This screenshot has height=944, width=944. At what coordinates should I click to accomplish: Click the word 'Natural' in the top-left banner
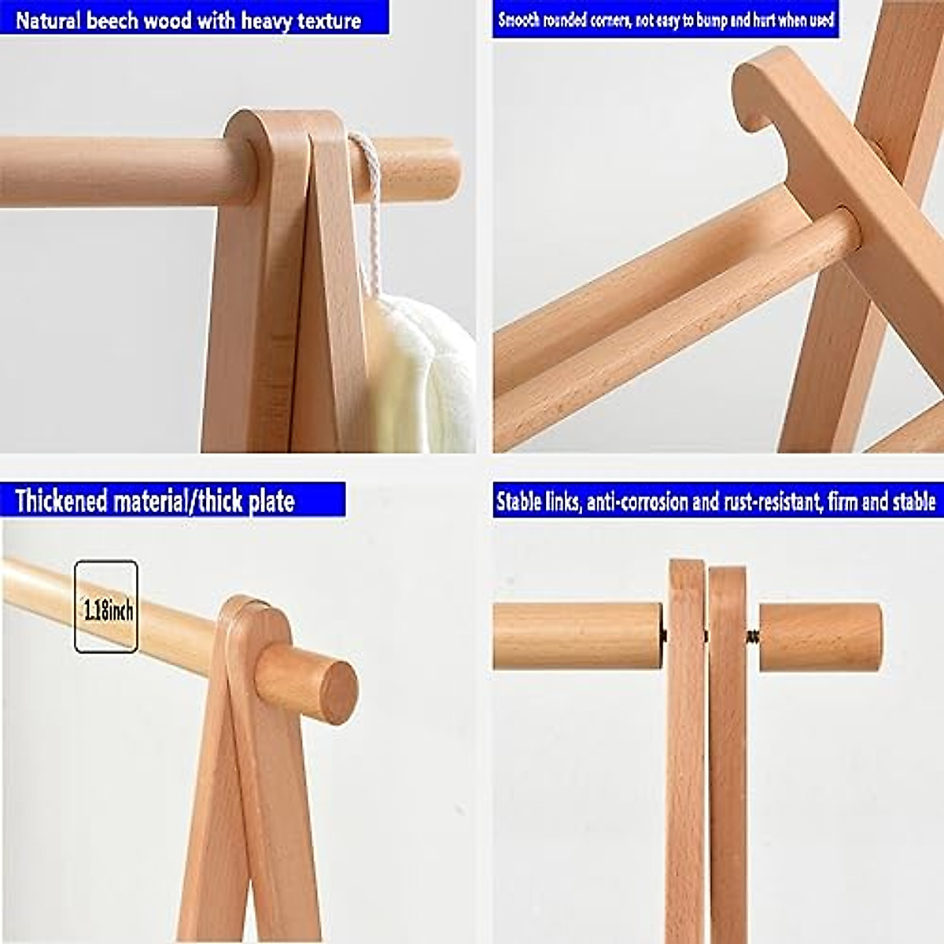[48, 20]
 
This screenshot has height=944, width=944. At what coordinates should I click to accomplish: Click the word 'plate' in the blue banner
[271, 501]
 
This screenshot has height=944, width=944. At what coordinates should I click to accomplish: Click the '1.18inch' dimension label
[107, 609]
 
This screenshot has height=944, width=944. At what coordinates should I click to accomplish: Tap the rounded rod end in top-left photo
[441, 169]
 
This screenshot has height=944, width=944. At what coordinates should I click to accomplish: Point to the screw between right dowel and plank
[753, 636]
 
